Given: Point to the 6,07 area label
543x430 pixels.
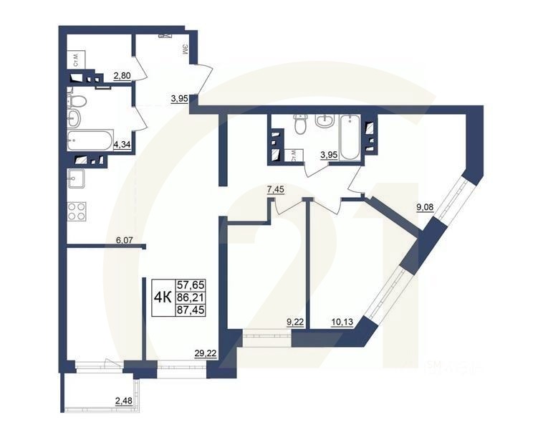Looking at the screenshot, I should [x=125, y=241].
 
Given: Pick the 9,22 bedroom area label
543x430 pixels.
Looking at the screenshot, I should [x=294, y=322].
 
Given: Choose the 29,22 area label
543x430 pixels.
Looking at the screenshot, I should [x=206, y=352].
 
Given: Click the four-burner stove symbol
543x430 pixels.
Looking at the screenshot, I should [x=77, y=211].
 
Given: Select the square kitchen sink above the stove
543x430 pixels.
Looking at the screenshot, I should [x=76, y=179].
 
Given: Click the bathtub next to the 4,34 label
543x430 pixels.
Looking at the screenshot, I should [x=90, y=139].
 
